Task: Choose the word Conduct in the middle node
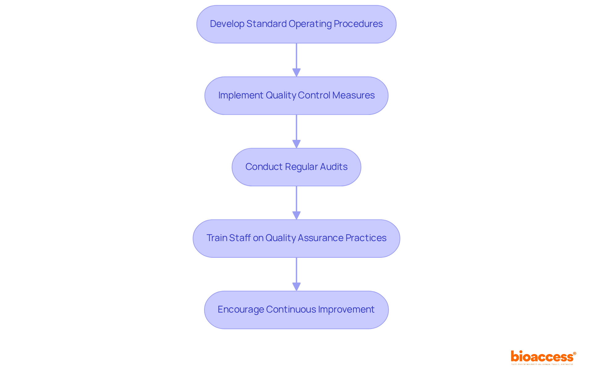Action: tap(264, 167)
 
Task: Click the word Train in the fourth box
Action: tap(217, 238)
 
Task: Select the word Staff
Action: tap(240, 238)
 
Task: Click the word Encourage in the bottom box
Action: tap(241, 309)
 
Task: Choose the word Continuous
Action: tap(291, 309)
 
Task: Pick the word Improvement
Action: tap(346, 309)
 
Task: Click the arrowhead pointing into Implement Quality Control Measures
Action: tap(296, 73)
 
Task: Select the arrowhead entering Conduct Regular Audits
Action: tap(296, 144)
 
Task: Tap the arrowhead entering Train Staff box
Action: tap(296, 216)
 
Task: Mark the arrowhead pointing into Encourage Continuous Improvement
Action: tap(296, 287)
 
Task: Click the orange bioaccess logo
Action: tap(543, 357)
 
